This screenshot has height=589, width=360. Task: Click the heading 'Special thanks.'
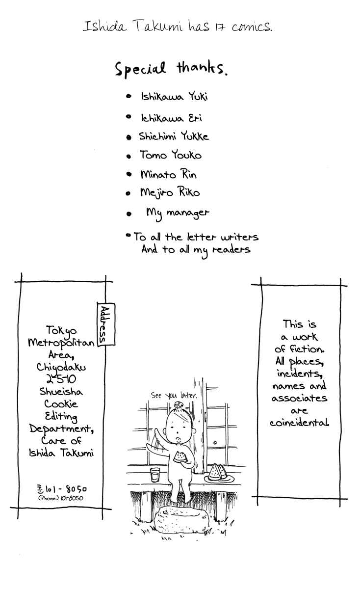coord(171,69)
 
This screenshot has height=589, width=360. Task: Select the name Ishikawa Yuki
coord(175,97)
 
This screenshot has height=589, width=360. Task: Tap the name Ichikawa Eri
coord(171,118)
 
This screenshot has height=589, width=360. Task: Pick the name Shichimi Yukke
coord(174,136)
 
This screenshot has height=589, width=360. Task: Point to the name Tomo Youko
coord(171,155)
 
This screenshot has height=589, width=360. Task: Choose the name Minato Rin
coord(168,174)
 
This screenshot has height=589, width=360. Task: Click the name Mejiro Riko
coord(170,192)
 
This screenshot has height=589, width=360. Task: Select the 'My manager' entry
coord(178,214)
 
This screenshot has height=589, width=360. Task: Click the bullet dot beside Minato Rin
coord(129,174)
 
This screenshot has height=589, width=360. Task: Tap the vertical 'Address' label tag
coord(106,324)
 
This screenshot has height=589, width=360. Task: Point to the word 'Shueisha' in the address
coord(61,392)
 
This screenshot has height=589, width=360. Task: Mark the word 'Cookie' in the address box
coord(61,404)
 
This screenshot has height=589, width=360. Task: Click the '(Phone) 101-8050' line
coord(61,498)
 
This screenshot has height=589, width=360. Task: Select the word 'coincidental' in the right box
coord(299,423)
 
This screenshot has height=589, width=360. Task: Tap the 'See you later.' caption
coord(174,395)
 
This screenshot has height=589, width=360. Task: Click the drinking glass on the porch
coord(155,475)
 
